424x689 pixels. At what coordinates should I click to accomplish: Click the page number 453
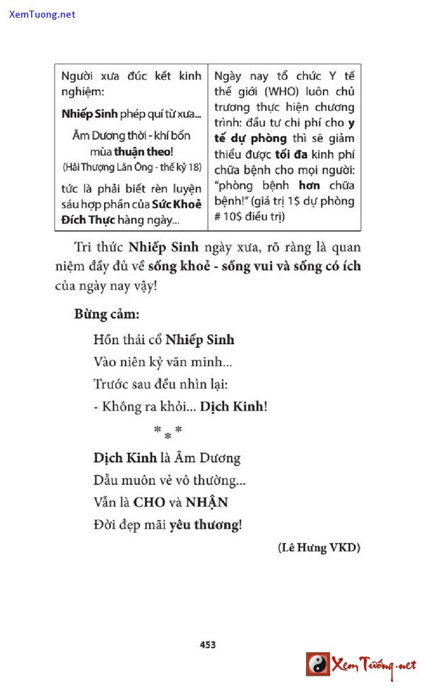207,644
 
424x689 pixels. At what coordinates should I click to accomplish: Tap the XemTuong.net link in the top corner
42,14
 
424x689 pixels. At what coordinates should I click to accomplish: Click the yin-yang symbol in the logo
318,664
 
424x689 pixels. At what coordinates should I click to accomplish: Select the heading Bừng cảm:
107,314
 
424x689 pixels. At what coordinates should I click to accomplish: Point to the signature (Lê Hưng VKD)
319,548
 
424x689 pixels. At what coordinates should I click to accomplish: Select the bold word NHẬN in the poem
208,502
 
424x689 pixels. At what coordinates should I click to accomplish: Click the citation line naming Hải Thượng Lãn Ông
131,167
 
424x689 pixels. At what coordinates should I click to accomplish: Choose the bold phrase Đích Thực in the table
83,220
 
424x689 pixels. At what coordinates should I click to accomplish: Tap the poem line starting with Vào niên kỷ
163,363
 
